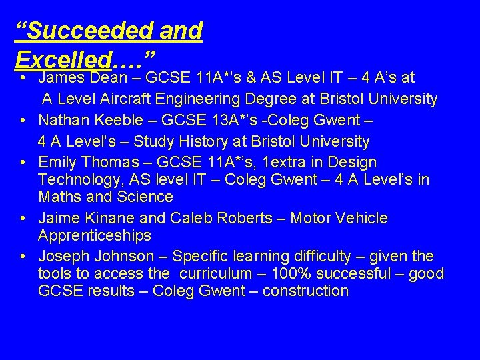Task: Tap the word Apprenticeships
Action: [x=95, y=235]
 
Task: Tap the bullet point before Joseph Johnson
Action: [x=23, y=256]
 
